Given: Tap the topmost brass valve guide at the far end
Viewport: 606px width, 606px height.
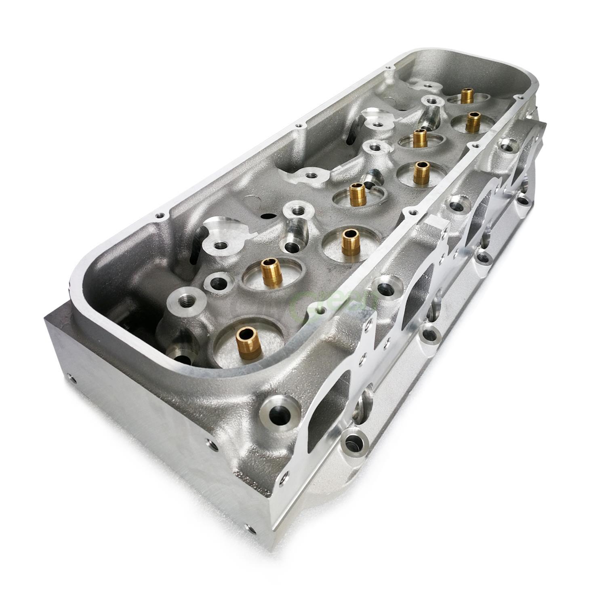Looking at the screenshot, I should [x=468, y=96].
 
